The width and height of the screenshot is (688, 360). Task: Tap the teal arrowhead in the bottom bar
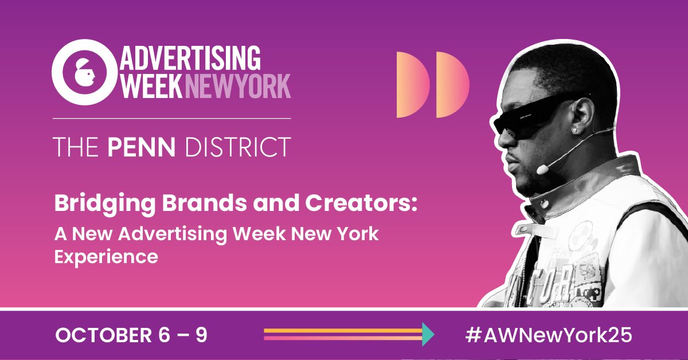(x=428, y=335)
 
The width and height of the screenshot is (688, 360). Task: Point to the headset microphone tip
(x=540, y=170)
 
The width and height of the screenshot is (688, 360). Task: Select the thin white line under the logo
(x=172, y=118)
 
